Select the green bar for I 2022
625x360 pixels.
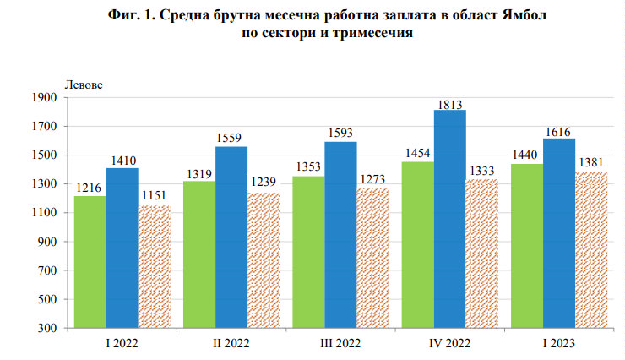pyautogui.click(x=90, y=261)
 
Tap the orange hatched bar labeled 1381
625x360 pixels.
pyautogui.click(x=591, y=249)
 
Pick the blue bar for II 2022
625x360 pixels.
pyautogui.click(x=231, y=237)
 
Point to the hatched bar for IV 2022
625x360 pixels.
pyautogui.click(x=482, y=253)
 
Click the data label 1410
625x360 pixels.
pyautogui.click(x=122, y=161)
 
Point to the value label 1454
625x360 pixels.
pyautogui.click(x=417, y=154)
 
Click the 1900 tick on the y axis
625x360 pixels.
pyautogui.click(x=45, y=98)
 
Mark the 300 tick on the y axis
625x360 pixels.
pyautogui.click(x=47, y=328)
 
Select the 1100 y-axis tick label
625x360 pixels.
pyautogui.click(x=45, y=213)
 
